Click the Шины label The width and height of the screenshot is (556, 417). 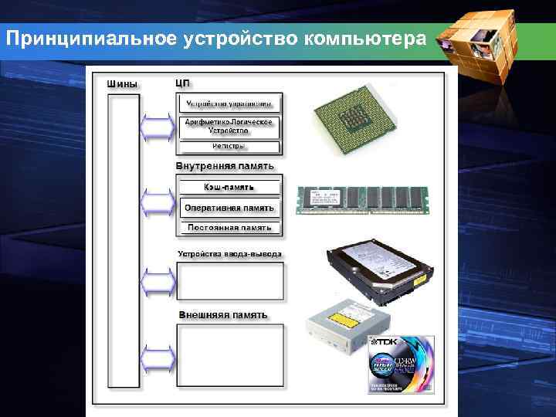[x=123, y=83]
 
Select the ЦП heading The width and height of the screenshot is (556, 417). [x=183, y=83]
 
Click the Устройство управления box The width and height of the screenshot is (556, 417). [x=229, y=103]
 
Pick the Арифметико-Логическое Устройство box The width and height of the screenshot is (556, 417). [x=229, y=127]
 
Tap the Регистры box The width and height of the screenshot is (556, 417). [x=229, y=146]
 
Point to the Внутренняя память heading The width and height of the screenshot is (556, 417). [x=224, y=166]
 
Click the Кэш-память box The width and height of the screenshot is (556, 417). [x=229, y=187]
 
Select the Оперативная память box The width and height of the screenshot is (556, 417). [x=229, y=208]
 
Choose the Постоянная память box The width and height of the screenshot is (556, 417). [x=229, y=228]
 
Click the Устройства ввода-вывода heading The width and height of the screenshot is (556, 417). [x=230, y=253]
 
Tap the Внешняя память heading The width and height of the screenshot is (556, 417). [x=223, y=315]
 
